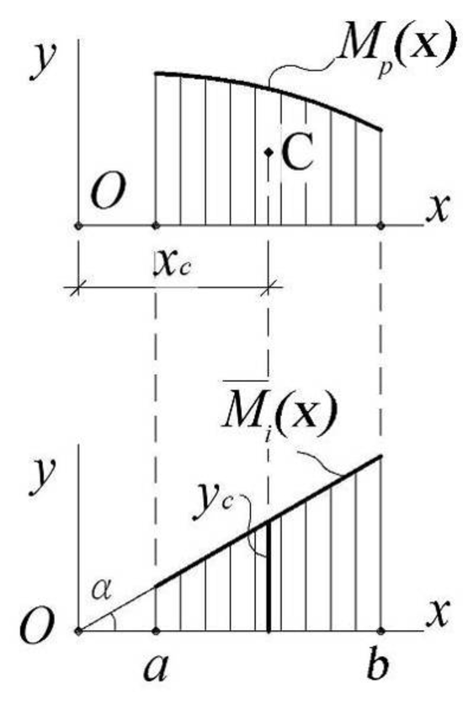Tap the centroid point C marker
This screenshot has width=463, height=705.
click(x=269, y=152)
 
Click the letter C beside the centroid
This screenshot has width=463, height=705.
click(x=297, y=152)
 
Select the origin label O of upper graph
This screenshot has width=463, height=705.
click(x=109, y=192)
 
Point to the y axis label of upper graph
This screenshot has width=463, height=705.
click(x=42, y=62)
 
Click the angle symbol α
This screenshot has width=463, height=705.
click(x=102, y=590)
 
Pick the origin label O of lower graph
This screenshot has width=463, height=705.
click(x=37, y=628)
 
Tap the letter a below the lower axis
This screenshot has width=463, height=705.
click(x=156, y=667)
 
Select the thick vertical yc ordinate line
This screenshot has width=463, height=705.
click(x=269, y=576)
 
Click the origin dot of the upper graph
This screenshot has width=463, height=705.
click(x=78, y=226)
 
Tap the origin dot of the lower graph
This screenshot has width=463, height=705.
click(x=78, y=631)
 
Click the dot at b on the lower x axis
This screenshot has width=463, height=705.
click(x=381, y=631)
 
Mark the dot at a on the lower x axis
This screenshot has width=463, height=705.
click(x=156, y=631)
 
